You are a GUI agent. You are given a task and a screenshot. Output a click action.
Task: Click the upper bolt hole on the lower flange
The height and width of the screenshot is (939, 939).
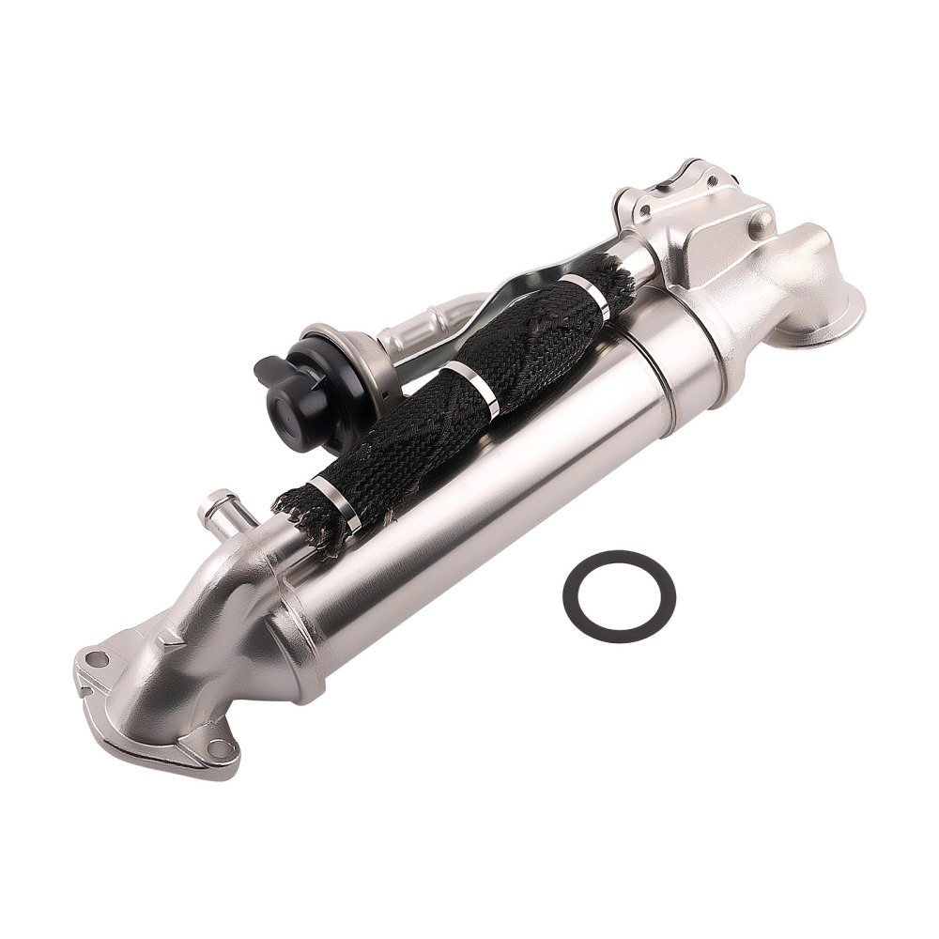pos(96,658)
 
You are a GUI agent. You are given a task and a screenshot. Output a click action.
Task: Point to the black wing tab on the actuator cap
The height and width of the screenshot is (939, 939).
pos(268,371)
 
